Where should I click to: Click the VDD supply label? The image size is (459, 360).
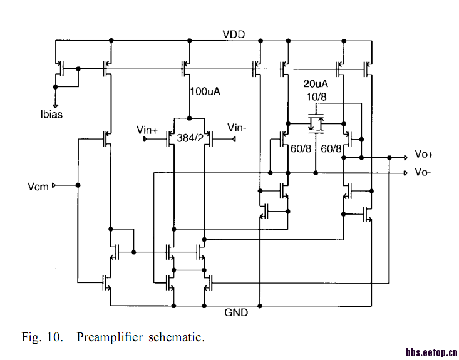234,33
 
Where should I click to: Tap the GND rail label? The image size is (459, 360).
236,312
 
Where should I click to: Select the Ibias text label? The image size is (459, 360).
51,115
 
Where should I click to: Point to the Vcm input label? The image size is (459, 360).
38,186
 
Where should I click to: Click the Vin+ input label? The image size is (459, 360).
148,130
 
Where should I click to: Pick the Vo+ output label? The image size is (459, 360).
424,155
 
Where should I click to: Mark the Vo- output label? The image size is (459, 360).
423,172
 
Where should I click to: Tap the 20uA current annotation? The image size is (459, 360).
316,84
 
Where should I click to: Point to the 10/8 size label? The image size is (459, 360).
315,96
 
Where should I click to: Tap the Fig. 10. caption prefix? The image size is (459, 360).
43,337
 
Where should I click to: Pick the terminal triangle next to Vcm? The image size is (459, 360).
54,185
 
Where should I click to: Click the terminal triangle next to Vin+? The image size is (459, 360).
145,139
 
